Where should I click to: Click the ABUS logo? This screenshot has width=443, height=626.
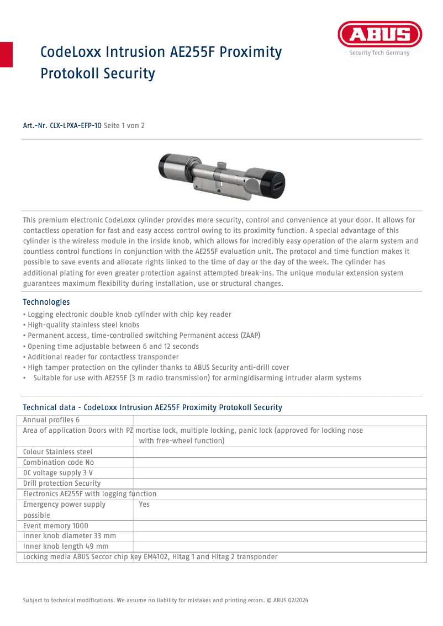(379, 35)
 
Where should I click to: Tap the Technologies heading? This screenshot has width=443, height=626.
(46, 302)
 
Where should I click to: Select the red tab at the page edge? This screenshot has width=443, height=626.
(6, 54)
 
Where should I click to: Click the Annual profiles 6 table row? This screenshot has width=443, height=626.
(51, 421)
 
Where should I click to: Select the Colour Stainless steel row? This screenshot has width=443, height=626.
(57, 452)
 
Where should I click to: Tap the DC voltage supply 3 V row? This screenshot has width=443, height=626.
(57, 473)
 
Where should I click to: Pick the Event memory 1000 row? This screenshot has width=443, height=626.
(55, 526)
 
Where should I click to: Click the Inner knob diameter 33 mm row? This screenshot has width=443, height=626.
(69, 536)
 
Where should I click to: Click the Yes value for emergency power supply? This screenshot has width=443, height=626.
(144, 505)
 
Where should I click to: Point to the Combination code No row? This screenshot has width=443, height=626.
(59, 463)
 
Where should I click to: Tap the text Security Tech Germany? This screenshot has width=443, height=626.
(379, 54)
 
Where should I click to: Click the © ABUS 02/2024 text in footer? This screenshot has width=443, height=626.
(291, 600)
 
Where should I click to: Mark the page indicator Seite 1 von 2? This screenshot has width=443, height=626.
(124, 126)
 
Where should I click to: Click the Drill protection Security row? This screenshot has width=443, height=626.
(62, 484)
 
